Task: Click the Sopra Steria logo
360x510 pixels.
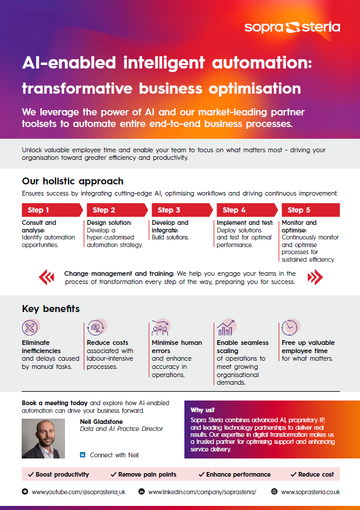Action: coord(292,28)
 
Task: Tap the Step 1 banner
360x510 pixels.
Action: coord(52,210)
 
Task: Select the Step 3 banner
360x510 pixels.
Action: coord(182,210)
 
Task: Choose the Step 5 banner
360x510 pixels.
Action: coord(311,210)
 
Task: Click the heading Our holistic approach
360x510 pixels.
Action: coord(73,181)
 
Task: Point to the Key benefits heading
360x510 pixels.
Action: coord(51,309)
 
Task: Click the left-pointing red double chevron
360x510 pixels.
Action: coord(46,277)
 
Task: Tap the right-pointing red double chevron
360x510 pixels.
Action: coord(315,277)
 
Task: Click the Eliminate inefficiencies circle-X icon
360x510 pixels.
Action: coord(30,327)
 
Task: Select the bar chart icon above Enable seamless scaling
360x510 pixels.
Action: coord(226,327)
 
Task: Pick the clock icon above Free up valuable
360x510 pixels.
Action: coord(290,327)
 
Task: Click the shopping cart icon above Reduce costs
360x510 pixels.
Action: coord(96,327)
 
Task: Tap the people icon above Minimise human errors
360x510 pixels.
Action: coord(160,327)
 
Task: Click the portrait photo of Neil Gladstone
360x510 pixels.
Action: coord(43,439)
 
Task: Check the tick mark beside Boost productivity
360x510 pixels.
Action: coord(31,474)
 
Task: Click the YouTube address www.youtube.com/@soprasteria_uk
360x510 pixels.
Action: coord(78,492)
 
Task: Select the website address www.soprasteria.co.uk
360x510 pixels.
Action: coord(310,492)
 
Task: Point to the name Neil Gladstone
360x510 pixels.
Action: coord(101,422)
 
